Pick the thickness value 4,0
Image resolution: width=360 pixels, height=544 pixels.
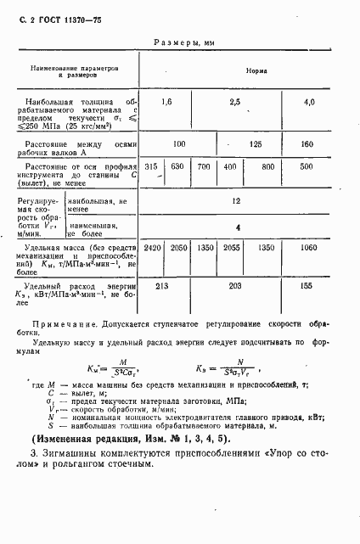[x=310, y=103]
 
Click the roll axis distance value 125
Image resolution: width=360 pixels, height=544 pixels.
[x=256, y=145]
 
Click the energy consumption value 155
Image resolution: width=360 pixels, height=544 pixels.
[x=310, y=288]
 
